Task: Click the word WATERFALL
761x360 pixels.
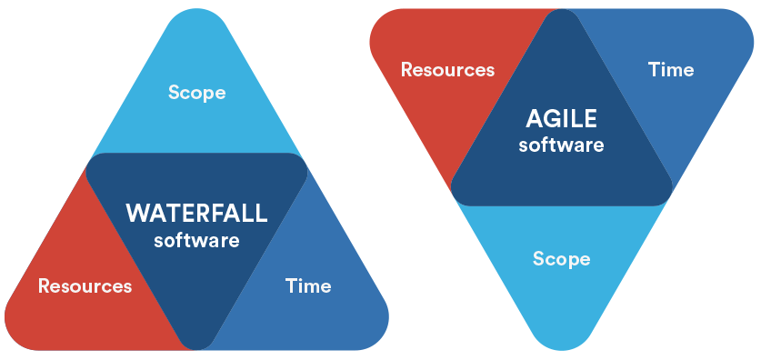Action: (196, 214)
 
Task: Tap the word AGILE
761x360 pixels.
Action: (561, 119)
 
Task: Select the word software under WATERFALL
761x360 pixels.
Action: (196, 240)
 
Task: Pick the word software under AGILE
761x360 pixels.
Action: (561, 145)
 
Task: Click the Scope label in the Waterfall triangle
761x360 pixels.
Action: (196, 92)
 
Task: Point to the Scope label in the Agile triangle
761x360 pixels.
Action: (562, 258)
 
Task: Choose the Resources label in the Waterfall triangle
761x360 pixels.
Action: (85, 285)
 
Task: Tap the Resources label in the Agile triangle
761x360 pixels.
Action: (447, 70)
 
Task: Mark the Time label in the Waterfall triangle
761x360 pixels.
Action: (308, 285)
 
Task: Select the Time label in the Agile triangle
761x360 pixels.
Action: (671, 70)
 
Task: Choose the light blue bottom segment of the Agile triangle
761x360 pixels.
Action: (562, 262)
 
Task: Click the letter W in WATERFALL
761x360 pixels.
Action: (138, 214)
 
